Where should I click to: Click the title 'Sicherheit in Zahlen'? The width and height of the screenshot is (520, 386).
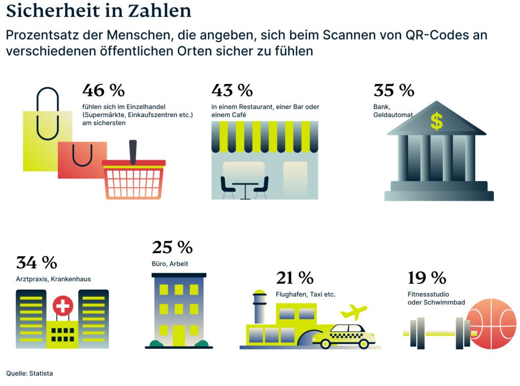[99, 11]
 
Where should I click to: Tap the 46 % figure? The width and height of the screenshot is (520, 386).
[103, 90]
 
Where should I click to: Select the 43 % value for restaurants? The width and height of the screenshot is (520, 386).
[232, 90]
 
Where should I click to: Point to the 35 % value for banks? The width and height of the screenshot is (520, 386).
[394, 90]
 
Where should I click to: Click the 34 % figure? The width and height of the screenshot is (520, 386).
[37, 263]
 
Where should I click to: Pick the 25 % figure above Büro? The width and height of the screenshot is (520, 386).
[172, 248]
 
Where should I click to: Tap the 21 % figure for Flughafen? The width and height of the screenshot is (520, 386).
[295, 278]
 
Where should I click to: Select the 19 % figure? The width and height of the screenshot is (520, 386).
[427, 278]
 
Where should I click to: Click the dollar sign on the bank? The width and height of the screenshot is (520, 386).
[436, 121]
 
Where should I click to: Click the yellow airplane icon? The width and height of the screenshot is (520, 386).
[354, 310]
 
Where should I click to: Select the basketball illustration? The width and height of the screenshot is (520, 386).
[491, 323]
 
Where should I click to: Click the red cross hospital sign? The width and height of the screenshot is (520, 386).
[63, 306]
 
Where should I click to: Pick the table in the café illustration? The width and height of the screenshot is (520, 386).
[245, 188]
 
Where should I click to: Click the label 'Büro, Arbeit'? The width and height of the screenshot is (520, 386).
[170, 264]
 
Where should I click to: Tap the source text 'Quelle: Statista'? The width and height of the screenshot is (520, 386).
[29, 373]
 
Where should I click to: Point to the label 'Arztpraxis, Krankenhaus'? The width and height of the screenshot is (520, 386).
[53, 279]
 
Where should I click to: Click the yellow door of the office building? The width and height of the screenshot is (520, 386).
[179, 335]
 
